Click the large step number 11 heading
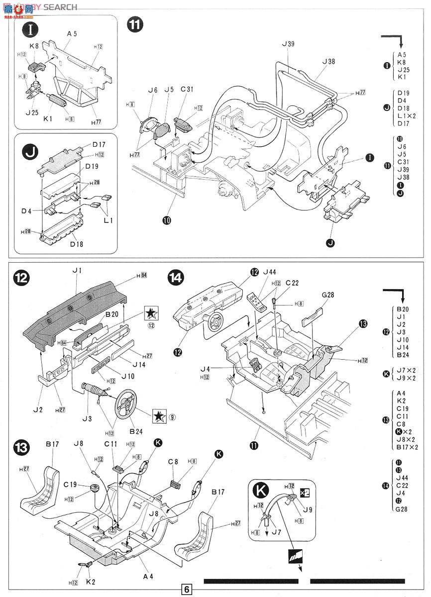(x=135, y=25)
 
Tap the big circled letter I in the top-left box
(x=31, y=29)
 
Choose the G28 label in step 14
(x=328, y=295)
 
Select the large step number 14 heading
(x=176, y=277)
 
